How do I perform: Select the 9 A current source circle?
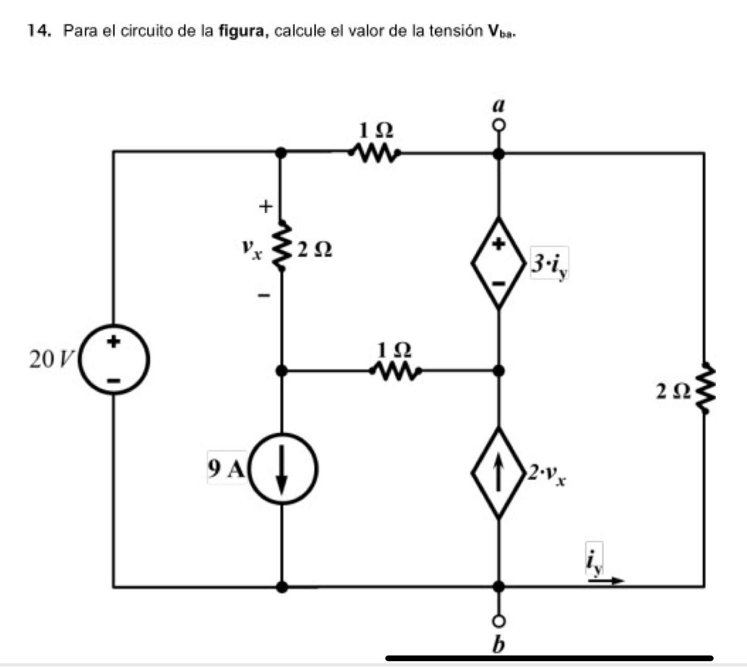pos(282,468)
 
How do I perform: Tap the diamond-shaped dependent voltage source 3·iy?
pos(499,263)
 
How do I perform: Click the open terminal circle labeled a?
pos(499,126)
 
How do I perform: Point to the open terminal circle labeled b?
pos(499,622)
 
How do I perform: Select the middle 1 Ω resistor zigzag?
pos(396,371)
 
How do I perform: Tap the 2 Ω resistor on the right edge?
pos(704,389)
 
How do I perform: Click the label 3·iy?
pos(549,264)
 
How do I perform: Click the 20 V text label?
pos(51,359)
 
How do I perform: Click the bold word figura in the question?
pos(243,31)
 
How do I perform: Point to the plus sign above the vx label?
pos(266,207)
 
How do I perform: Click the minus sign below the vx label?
pos(265,296)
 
